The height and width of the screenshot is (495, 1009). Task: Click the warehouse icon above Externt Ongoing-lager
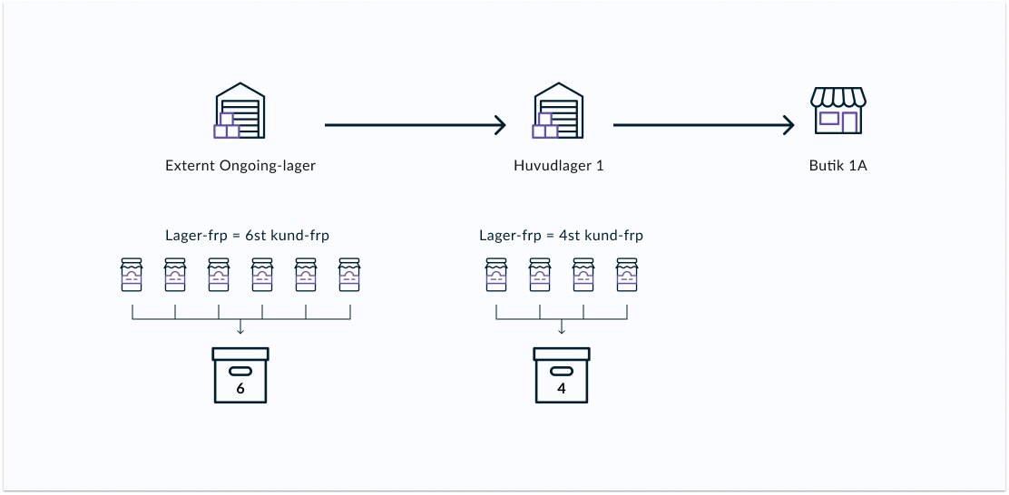tap(240, 111)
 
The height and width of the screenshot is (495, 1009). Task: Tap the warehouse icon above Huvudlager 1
tap(558, 111)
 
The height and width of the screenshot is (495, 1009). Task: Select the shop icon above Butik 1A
tap(838, 111)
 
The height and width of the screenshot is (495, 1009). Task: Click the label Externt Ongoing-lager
tap(240, 166)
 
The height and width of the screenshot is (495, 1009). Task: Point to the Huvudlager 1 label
tap(559, 165)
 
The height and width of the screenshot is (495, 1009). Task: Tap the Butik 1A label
tap(838, 165)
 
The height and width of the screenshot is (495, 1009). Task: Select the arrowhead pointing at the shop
tap(789, 125)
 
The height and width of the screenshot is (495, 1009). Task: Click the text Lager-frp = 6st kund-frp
tap(247, 236)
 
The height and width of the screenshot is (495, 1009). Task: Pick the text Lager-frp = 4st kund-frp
tap(561, 236)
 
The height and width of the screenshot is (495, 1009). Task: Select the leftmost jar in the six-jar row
tap(132, 275)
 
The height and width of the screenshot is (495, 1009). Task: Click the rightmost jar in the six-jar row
tap(349, 275)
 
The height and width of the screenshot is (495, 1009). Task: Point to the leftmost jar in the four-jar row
tap(496, 275)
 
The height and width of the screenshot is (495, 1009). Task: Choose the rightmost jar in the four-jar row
tap(627, 275)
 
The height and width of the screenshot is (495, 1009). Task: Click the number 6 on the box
tap(240, 389)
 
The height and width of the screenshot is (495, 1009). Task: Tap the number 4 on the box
tap(561, 389)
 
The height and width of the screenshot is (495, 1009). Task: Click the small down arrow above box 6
tap(240, 327)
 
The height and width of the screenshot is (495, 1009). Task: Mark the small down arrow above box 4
tap(561, 327)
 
